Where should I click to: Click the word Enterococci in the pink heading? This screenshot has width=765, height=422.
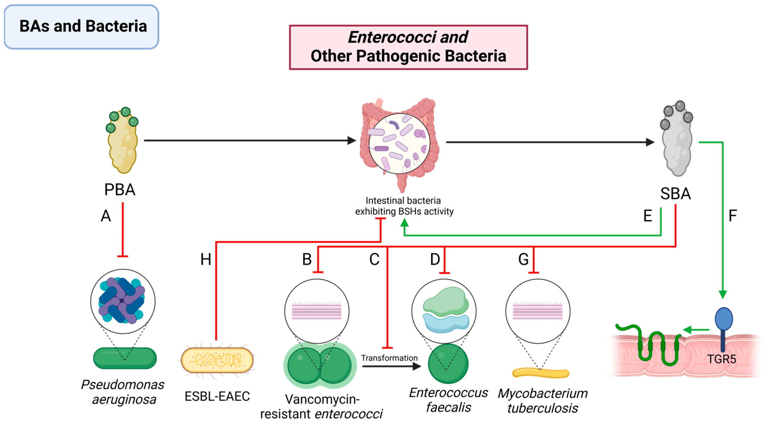[392, 37]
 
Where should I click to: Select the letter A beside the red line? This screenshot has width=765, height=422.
[106, 216]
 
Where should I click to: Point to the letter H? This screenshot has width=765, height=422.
[206, 260]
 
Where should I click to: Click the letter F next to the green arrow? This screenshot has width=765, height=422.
[733, 216]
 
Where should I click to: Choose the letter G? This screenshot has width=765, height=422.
[523, 260]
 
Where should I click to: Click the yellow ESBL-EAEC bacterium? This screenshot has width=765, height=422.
[217, 360]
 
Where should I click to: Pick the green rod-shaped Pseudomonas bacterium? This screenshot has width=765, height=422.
[125, 358]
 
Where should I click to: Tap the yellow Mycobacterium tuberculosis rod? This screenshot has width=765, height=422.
[540, 373]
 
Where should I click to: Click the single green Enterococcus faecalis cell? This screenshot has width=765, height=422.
[448, 364]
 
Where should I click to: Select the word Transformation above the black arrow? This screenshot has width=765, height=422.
[389, 358]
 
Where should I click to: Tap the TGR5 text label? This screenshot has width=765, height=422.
[721, 359]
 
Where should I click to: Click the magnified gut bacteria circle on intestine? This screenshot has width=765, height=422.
[399, 143]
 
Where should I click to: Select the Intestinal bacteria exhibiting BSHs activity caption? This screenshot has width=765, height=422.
[404, 206]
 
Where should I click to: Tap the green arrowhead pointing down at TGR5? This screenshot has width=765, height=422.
[722, 294]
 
